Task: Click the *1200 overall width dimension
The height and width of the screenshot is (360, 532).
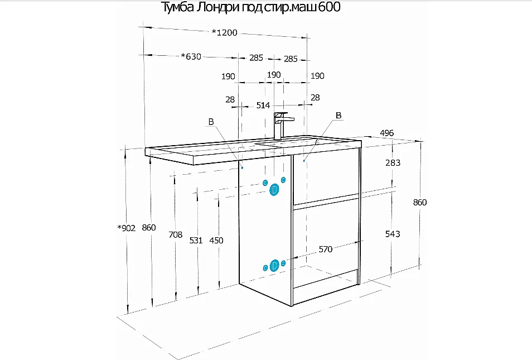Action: click(225, 32)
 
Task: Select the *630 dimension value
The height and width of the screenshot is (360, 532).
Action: click(191, 56)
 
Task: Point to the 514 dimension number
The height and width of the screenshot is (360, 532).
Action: click(263, 105)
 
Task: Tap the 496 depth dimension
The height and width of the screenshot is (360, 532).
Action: click(387, 133)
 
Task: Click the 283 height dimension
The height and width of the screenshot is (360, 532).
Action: click(393, 162)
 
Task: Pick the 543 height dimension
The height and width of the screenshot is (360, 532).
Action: click(393, 234)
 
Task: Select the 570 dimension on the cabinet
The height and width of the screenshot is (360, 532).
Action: click(325, 249)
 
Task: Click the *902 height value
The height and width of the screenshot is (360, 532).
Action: click(127, 228)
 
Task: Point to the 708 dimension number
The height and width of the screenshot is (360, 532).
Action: click(176, 234)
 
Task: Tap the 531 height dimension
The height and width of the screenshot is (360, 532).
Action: click(196, 241)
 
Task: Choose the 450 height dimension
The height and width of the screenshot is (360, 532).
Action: click(216, 241)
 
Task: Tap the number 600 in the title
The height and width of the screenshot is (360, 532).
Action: click(330, 7)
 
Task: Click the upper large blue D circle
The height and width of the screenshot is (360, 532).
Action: click(274, 190)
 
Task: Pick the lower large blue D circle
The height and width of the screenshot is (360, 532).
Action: click(274, 265)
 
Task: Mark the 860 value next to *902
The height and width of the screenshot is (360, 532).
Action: click(148, 227)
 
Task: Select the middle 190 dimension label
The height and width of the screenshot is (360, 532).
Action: click(274, 75)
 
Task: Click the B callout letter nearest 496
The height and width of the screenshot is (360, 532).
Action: click(338, 116)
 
